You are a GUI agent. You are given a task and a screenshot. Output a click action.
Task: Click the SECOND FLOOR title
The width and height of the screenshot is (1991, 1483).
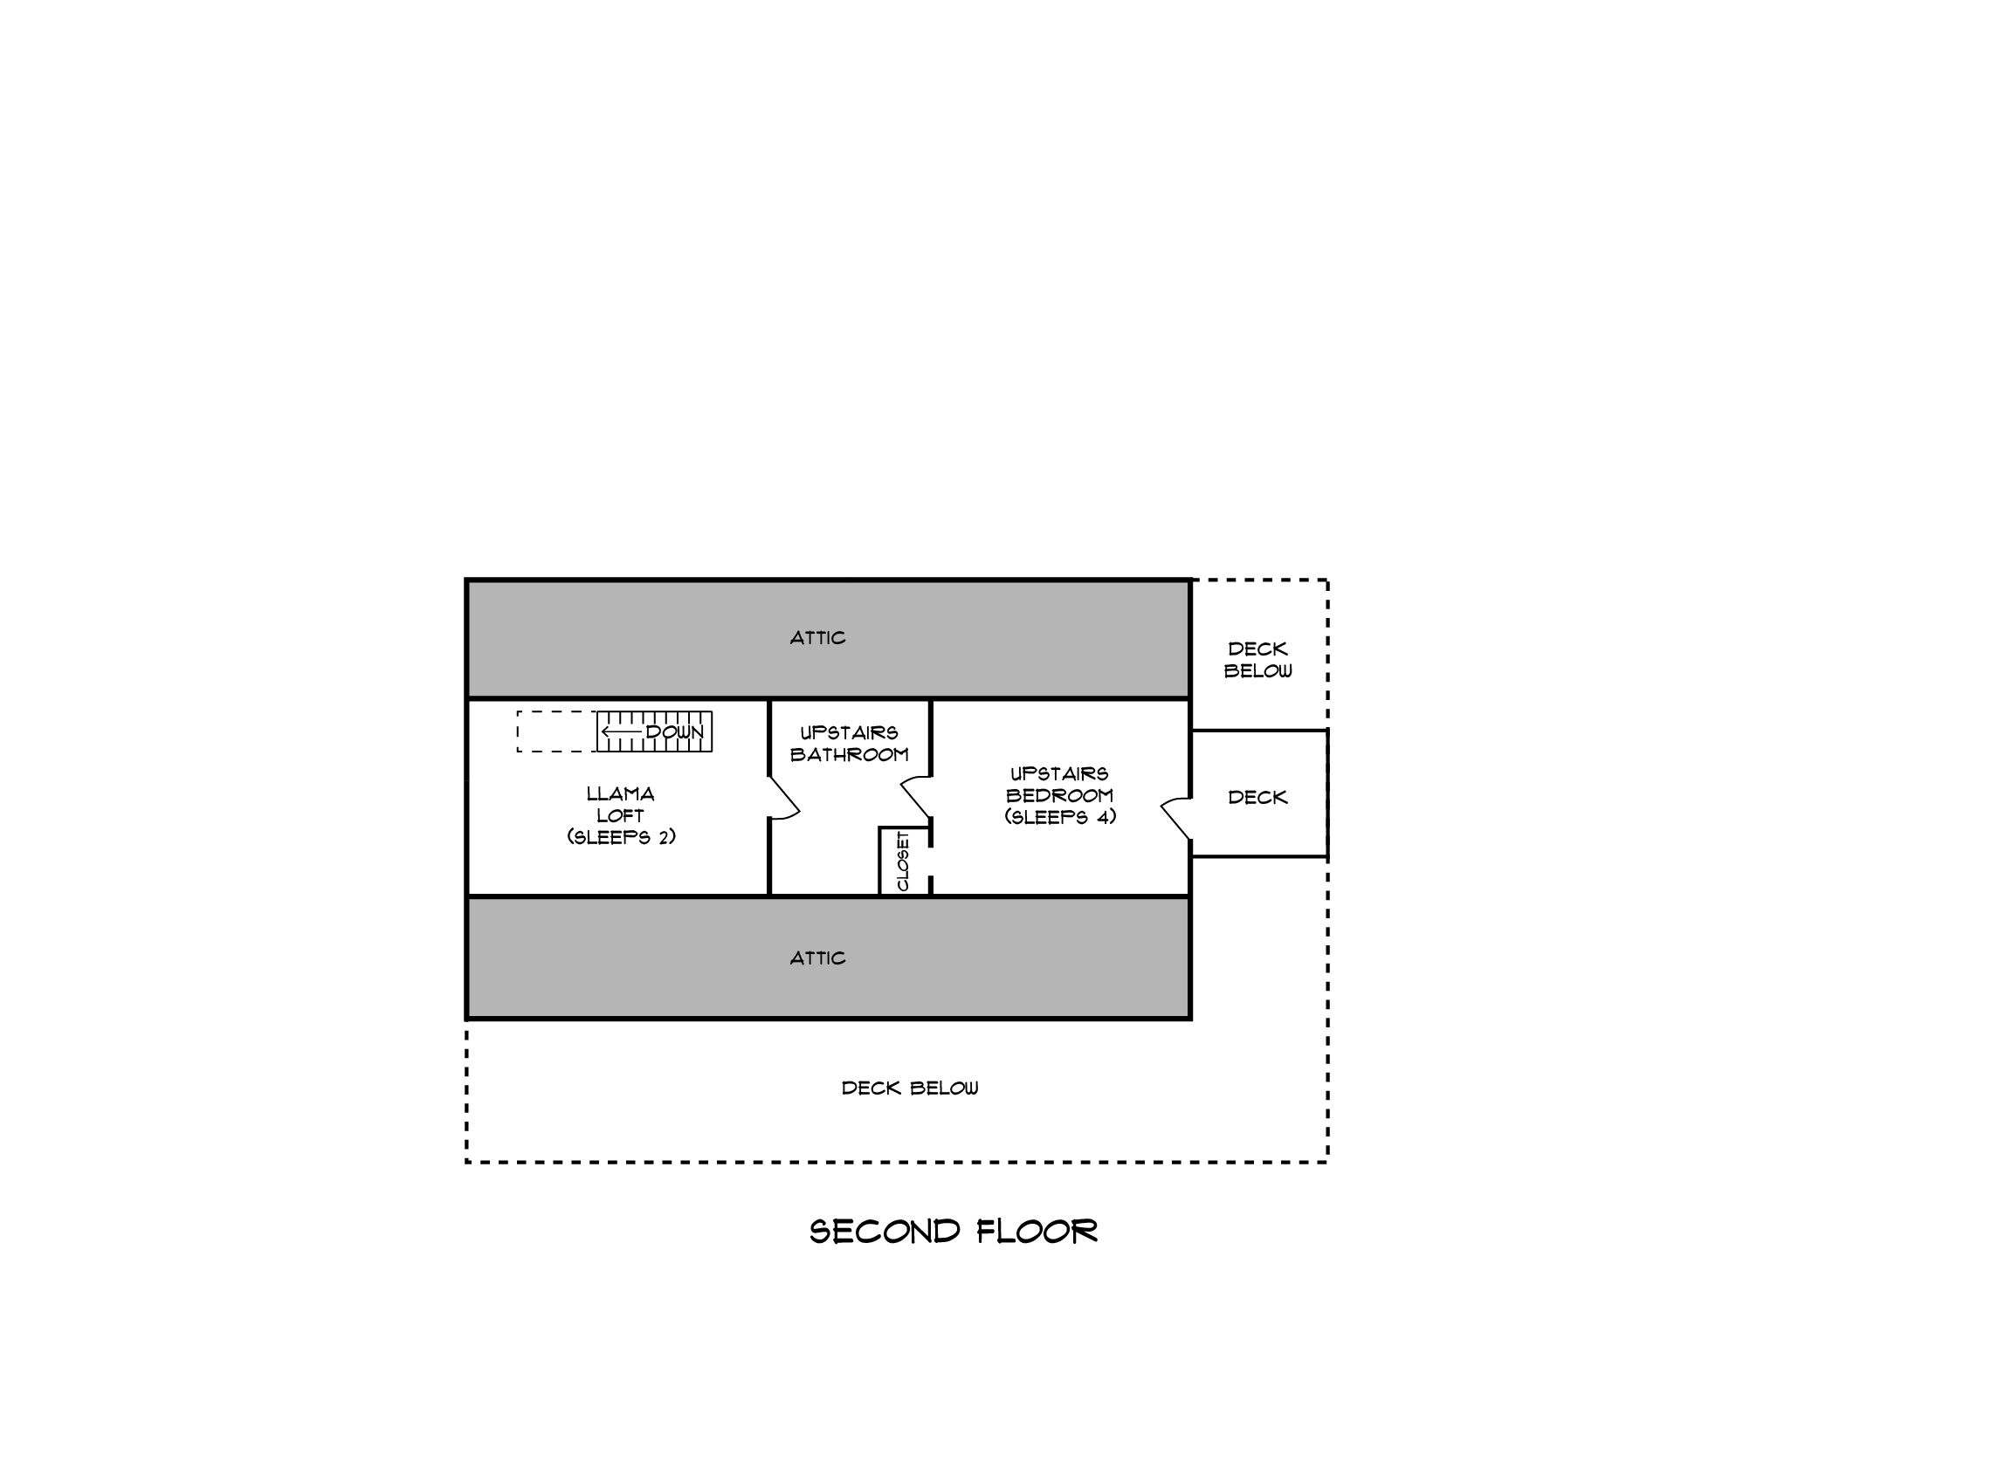point(953,1231)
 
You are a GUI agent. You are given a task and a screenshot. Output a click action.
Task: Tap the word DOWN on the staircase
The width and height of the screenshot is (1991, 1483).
point(674,732)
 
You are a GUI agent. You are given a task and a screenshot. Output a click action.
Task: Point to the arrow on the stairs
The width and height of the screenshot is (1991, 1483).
point(622,732)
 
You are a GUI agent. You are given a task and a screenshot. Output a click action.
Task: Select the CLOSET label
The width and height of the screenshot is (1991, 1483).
point(904,861)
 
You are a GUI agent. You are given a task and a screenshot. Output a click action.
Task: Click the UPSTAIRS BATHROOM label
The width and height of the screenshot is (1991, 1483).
point(850,745)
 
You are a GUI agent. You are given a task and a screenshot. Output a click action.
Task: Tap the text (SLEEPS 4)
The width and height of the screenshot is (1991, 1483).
point(1061,817)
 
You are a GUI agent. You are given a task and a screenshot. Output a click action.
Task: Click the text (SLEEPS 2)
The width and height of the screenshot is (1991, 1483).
point(622,837)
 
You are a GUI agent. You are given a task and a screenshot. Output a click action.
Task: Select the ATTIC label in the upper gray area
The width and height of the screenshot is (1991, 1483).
point(817,638)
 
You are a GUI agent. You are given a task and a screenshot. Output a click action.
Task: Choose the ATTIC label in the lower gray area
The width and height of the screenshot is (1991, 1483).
point(817,958)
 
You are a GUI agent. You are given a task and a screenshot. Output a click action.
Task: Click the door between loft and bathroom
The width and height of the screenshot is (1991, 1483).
point(783,798)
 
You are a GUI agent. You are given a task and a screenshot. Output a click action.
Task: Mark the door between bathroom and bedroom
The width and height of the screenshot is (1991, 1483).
point(916,797)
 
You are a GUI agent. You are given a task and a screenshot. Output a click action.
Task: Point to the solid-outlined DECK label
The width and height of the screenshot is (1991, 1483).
point(1257,797)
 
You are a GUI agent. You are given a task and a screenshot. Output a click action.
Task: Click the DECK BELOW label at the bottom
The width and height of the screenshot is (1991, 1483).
point(910,1088)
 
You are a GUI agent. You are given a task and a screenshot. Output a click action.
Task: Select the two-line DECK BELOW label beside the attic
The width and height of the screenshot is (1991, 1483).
point(1258,660)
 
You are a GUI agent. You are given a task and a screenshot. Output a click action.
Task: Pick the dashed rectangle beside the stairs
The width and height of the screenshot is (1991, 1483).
point(557,731)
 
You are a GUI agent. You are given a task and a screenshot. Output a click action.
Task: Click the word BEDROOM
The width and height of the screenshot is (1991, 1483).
point(1060,795)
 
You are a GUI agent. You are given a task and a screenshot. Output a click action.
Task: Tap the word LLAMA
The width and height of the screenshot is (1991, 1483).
point(621,794)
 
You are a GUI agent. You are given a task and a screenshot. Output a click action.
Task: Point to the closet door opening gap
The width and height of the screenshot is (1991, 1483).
point(930,862)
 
